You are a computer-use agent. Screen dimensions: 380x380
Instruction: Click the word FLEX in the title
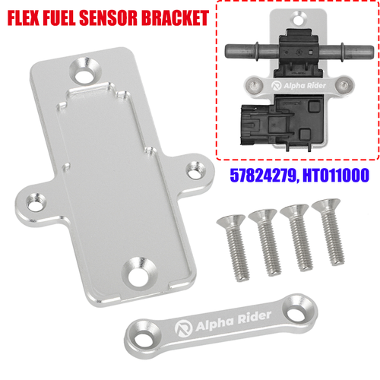pos(30,16)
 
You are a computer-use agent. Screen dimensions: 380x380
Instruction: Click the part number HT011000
pos(335,174)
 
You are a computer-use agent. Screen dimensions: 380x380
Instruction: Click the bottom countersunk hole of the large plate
pos(140,267)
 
